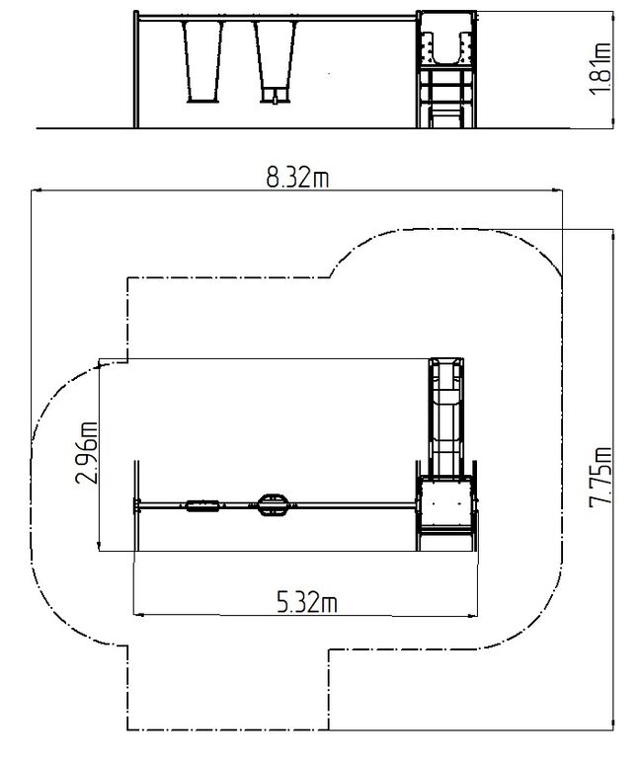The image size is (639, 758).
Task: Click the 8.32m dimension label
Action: (x=297, y=178)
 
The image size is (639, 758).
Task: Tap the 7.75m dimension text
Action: (x=600, y=477)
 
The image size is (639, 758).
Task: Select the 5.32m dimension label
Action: (x=307, y=602)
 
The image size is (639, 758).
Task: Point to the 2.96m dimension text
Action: (x=87, y=453)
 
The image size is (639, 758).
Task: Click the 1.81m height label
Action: (x=600, y=69)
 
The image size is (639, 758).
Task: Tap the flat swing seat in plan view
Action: (x=202, y=505)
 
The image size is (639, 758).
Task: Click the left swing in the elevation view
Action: (x=203, y=62)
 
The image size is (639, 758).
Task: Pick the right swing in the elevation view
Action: (x=275, y=62)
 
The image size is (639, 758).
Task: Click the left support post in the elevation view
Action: (x=136, y=69)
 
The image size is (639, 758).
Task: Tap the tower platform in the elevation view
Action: (x=446, y=39)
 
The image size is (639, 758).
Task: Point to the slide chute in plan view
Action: (x=447, y=417)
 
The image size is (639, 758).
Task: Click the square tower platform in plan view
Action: (x=446, y=502)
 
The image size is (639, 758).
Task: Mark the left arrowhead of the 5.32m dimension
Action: (x=138, y=615)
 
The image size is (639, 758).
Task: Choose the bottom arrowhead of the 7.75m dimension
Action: (x=613, y=724)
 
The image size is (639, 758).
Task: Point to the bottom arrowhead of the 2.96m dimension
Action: (x=99, y=545)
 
